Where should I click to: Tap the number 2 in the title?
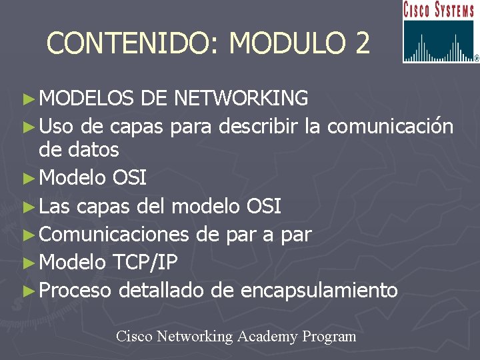362,43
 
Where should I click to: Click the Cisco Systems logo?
440,32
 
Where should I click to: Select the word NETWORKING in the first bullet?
241,99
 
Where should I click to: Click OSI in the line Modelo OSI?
130,178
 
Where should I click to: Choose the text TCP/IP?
145,263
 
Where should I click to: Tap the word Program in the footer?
329,337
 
